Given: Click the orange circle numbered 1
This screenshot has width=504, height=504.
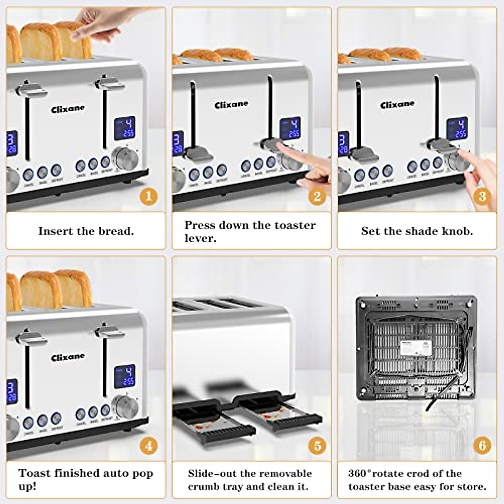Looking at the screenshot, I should click(x=149, y=196).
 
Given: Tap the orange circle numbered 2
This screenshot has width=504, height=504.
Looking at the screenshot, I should click(x=317, y=196).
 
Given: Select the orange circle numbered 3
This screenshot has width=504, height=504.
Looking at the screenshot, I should click(x=482, y=196).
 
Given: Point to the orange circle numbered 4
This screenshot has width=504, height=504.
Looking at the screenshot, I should click(x=149, y=446).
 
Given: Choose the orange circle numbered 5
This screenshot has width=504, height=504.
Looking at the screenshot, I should click(x=317, y=446).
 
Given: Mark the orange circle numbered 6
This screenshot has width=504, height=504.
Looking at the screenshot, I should click(x=482, y=446).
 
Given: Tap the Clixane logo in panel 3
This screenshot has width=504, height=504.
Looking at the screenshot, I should click(x=397, y=105).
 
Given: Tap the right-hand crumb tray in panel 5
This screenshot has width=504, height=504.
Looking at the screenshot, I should click(x=279, y=414).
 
